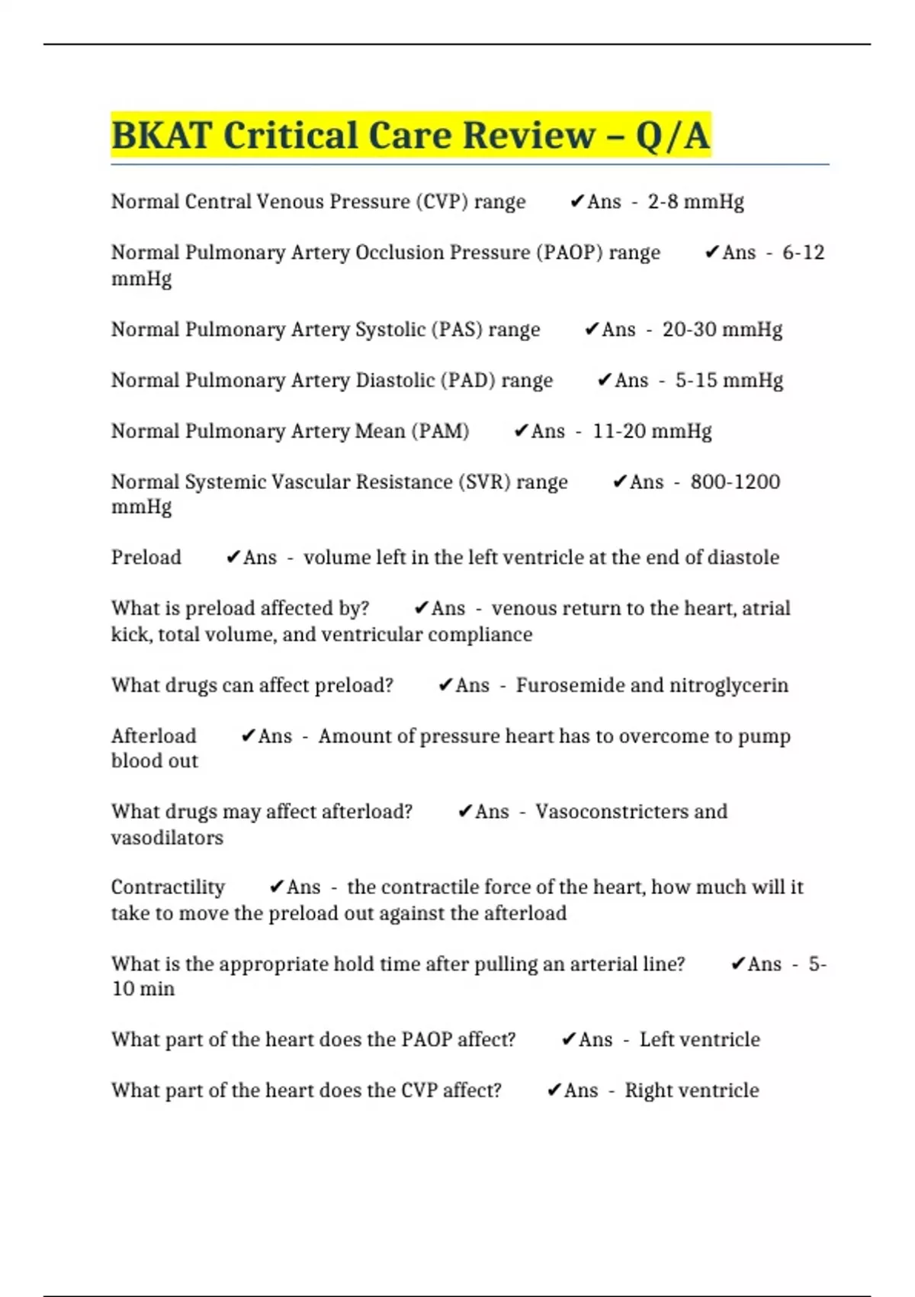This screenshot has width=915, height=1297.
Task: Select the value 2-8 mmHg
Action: tap(695, 202)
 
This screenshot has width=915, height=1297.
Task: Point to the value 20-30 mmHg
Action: tap(722, 330)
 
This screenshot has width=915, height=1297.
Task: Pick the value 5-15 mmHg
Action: tap(729, 380)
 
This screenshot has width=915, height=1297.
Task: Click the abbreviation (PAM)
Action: tap(440, 431)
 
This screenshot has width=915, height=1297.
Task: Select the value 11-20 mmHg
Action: tap(652, 431)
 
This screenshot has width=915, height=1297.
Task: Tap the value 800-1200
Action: tap(735, 482)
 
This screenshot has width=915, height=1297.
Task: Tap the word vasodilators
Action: tap(167, 838)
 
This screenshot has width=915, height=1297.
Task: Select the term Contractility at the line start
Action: tap(168, 887)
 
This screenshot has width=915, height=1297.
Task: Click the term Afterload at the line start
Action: tap(153, 736)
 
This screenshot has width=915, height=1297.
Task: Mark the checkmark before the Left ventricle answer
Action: tap(568, 1040)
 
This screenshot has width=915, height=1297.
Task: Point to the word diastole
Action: tap(743, 558)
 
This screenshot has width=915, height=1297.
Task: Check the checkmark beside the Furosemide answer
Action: tap(445, 685)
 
